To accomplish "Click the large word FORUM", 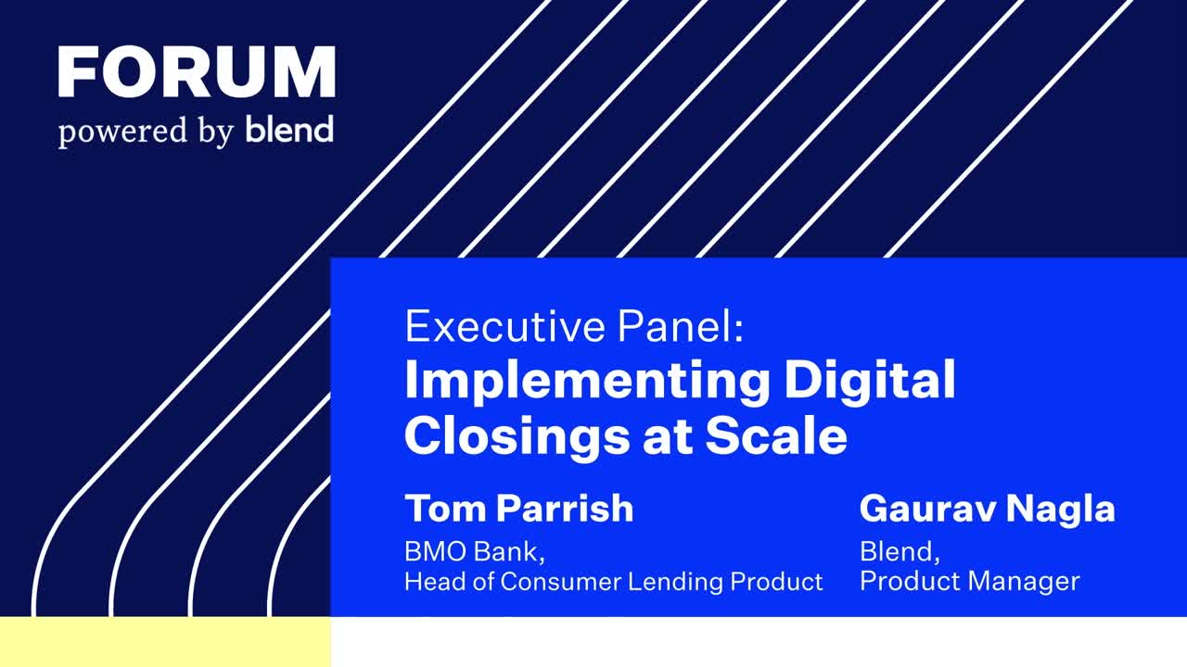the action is click(x=197, y=71).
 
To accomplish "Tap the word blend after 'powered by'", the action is click(x=289, y=130).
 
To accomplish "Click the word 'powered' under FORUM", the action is click(x=123, y=132).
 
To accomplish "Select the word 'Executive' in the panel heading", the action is click(x=504, y=327).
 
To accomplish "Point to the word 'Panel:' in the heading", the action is click(x=681, y=327).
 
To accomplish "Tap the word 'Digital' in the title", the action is click(x=870, y=380).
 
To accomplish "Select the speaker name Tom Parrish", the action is click(x=519, y=509).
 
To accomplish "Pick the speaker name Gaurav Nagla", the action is click(x=988, y=509).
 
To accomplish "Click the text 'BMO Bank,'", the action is click(x=475, y=551).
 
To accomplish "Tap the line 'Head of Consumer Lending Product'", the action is click(x=614, y=581).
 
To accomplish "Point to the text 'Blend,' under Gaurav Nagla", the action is click(x=900, y=551).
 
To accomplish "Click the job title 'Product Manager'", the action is click(x=970, y=582).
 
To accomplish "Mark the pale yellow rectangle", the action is click(x=165, y=642).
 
